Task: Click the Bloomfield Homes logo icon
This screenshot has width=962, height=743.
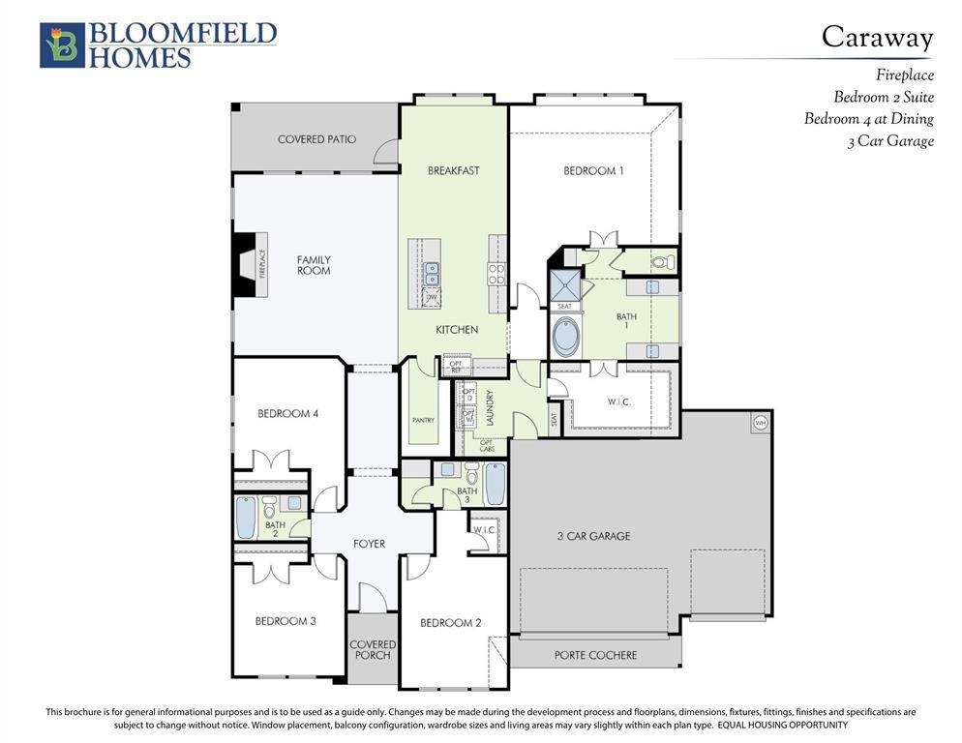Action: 62,45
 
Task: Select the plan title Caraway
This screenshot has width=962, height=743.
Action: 877,37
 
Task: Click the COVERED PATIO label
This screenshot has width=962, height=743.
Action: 316,139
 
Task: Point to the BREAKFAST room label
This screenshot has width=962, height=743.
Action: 453,171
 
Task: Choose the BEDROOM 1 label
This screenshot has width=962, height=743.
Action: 593,171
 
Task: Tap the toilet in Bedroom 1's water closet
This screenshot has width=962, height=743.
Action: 661,261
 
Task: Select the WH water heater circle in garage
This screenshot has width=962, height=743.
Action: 760,423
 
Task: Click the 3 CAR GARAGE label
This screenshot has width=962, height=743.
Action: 593,536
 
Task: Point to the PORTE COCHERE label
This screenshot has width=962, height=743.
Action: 595,655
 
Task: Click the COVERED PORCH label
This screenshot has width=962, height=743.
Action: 373,650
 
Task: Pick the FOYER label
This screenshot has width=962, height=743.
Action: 369,544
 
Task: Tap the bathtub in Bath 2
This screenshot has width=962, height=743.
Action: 246,517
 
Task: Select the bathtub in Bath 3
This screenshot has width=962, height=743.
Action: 495,483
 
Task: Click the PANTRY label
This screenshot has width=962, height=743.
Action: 423,420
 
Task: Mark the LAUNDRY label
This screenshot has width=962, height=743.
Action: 491,407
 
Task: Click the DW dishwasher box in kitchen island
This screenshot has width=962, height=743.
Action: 431,297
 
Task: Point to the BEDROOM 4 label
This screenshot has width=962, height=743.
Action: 287,414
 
